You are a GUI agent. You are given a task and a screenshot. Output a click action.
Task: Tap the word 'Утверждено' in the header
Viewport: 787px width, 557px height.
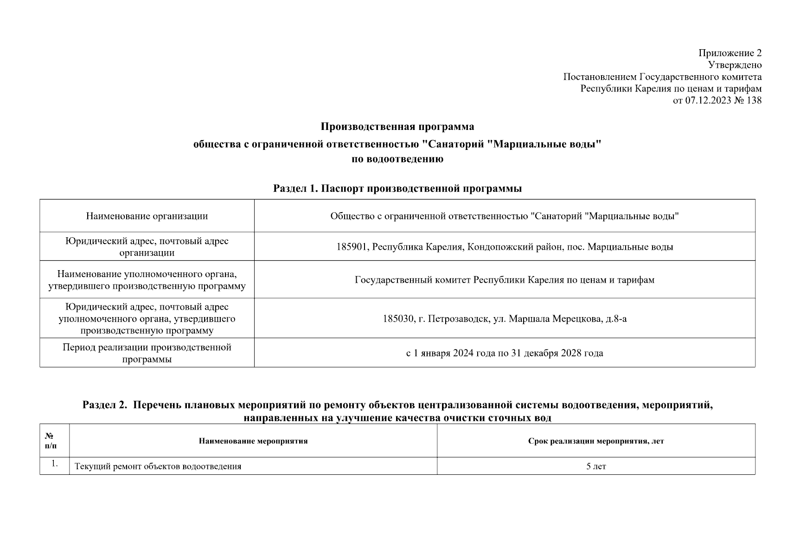click(735, 65)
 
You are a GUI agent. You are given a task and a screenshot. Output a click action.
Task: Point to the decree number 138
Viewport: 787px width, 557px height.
click(754, 100)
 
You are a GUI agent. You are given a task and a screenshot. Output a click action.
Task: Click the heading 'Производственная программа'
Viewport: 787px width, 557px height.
click(397, 127)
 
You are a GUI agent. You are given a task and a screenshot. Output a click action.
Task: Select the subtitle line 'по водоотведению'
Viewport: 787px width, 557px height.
click(397, 159)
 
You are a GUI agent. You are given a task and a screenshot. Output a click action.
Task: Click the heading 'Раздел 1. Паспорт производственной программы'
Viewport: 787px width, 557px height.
click(397, 188)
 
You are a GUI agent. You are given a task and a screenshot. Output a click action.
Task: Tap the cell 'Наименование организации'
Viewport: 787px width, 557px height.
click(147, 216)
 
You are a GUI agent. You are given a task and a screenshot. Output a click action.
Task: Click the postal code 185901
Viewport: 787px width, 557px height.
click(352, 247)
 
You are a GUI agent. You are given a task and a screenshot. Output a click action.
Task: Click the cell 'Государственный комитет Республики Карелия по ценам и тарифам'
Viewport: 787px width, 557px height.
click(505, 280)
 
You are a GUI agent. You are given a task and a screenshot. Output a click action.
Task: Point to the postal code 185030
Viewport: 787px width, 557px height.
click(398, 319)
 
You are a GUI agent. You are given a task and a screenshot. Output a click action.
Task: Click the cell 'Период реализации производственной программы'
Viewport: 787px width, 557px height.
click(147, 353)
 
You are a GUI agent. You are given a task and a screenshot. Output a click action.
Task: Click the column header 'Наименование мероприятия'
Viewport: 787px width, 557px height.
click(253, 441)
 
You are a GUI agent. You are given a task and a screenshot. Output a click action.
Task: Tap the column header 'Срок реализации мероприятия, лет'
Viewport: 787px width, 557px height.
click(596, 441)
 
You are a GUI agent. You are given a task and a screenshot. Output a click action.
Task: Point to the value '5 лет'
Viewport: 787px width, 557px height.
click(596, 466)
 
